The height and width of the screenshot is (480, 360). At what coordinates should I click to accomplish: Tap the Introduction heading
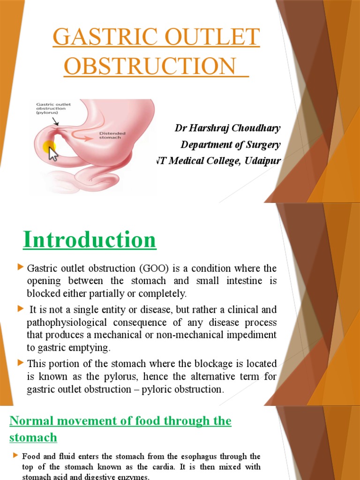point(89,240)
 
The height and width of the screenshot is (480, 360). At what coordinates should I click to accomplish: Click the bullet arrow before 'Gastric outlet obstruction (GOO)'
point(20,267)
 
